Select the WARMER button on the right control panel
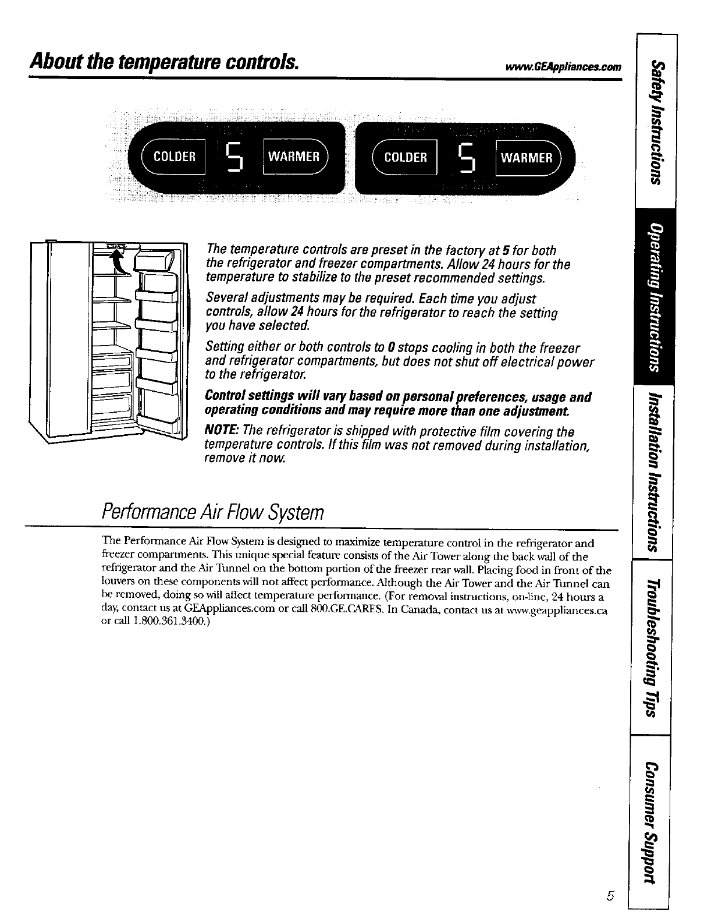[526, 157]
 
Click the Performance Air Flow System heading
[212, 513]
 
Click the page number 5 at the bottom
[610, 896]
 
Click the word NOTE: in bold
[222, 431]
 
